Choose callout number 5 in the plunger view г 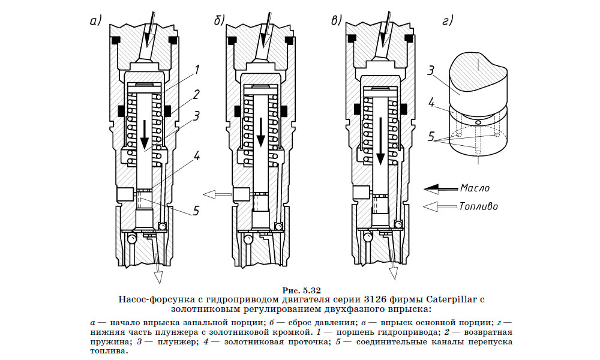[x=431, y=137]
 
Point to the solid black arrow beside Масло [x=440, y=188]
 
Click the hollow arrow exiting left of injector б [x=217, y=194]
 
